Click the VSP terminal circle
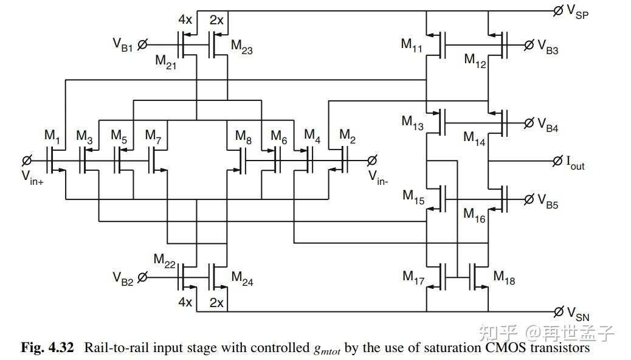[558, 11]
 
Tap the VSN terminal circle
[558, 311]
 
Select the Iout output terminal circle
[557, 161]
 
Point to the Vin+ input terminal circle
[27, 161]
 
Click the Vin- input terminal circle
[372, 161]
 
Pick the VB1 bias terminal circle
[142, 44]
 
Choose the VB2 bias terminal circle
[142, 277]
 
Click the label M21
[165, 62]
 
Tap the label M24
[242, 279]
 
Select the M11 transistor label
[412, 45]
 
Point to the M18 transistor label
[504, 277]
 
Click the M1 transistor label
[52, 136]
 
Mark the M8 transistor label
[244, 137]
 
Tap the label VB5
[548, 201]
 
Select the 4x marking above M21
[185, 19]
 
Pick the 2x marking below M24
[216, 302]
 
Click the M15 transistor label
[413, 197]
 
